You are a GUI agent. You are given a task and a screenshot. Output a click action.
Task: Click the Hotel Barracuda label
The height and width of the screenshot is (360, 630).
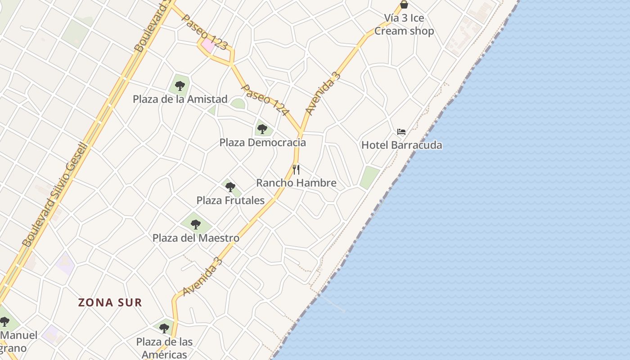click(x=401, y=145)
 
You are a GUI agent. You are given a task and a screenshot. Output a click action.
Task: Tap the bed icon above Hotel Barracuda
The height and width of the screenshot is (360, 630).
click(x=401, y=132)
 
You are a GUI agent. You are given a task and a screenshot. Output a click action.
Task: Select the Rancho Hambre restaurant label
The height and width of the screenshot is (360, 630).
click(x=296, y=183)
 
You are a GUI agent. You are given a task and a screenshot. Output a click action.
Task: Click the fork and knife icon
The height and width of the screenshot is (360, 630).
click(x=296, y=170)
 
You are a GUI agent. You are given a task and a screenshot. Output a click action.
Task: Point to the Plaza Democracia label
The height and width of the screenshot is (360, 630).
click(x=262, y=143)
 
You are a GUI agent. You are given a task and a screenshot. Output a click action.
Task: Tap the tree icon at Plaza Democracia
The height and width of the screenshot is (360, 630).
click(x=262, y=130)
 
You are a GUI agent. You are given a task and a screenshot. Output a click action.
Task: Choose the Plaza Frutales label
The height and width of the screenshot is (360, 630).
click(x=230, y=200)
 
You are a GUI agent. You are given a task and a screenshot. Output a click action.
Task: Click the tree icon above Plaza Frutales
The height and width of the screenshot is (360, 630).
click(x=230, y=187)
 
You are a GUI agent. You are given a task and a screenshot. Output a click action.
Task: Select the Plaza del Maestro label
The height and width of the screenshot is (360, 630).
click(x=196, y=238)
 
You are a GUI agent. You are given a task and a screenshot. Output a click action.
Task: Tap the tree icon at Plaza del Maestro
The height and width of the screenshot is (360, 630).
click(x=195, y=224)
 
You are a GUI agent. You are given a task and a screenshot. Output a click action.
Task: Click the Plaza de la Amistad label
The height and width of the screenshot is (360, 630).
click(x=180, y=99)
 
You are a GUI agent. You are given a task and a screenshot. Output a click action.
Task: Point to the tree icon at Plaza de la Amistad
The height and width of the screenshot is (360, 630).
click(x=180, y=85)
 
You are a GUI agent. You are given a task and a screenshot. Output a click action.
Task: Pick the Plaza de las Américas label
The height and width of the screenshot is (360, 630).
click(x=164, y=348)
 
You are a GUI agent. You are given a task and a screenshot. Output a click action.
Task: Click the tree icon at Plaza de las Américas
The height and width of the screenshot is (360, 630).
click(x=164, y=328)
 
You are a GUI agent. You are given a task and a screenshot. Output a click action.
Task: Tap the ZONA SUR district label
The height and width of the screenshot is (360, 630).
click(x=110, y=302)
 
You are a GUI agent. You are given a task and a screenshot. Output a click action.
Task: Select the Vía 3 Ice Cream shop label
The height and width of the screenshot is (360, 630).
click(x=404, y=25)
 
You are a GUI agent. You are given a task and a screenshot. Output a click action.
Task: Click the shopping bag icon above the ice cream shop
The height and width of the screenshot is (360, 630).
click(x=404, y=4)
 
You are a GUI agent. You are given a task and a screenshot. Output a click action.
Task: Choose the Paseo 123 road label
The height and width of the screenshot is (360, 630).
click(x=205, y=31)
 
